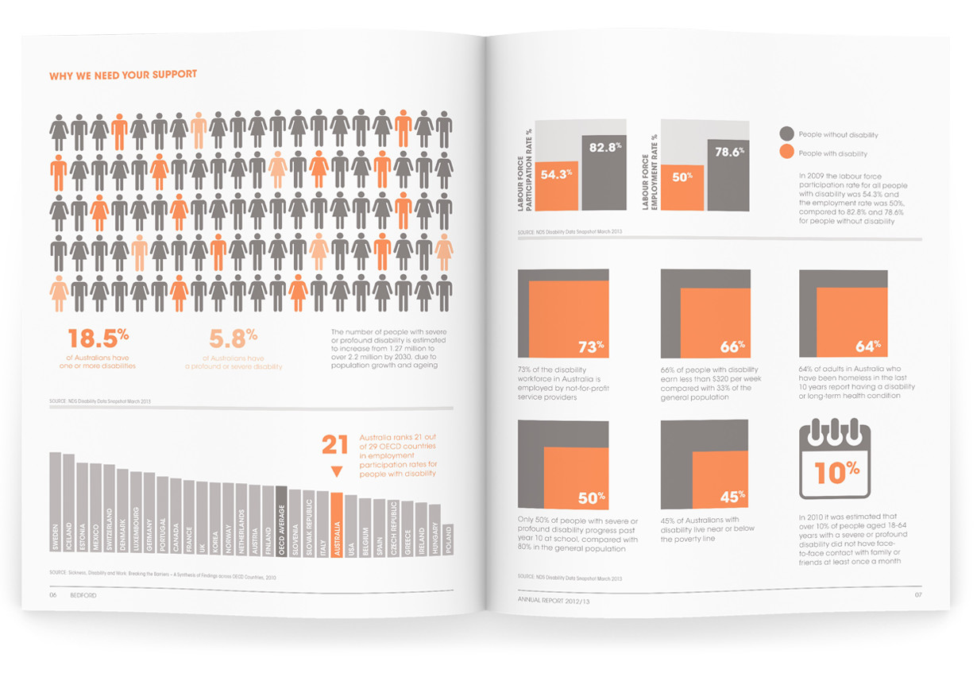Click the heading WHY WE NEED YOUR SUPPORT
[123, 75]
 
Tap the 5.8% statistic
[232, 339]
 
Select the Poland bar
[447, 540]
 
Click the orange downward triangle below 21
[336, 472]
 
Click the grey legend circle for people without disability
[787, 134]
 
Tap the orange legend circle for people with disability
[787, 153]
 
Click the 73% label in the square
[592, 346]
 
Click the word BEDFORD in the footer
[83, 594]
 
